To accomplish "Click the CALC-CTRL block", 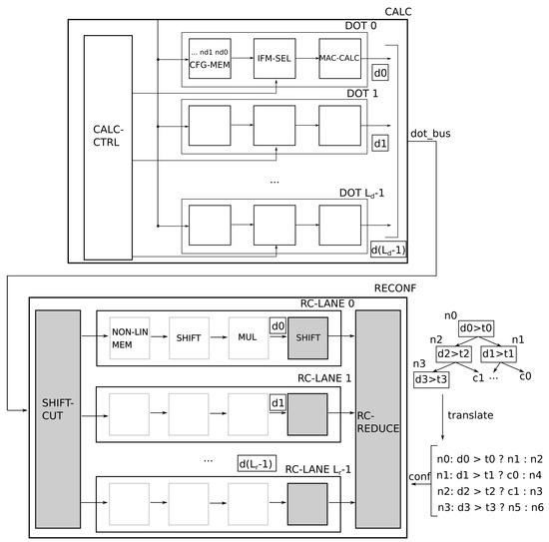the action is (108, 148).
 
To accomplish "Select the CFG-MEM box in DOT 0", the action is (210, 59).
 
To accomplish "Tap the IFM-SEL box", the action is (274, 59).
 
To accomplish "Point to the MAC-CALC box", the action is (339, 59).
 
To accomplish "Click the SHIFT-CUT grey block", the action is (58, 419).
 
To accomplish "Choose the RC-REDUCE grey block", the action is (378, 419).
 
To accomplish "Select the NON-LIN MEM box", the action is (130, 337).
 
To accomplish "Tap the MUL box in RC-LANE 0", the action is (249, 337).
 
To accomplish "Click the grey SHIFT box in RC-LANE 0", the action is (307, 337).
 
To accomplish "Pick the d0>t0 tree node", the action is (476, 328).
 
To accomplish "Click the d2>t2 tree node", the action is (453, 354).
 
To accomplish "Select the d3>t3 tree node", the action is (431, 379).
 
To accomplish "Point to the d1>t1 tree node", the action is (498, 354).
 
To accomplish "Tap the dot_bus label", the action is (430, 134).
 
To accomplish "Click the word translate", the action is (470, 415).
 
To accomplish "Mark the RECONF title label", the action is (395, 288).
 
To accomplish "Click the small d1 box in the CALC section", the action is (380, 143).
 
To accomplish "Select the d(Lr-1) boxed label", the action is (257, 463).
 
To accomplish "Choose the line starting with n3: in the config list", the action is (490, 507).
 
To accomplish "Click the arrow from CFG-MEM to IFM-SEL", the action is (243, 58).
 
